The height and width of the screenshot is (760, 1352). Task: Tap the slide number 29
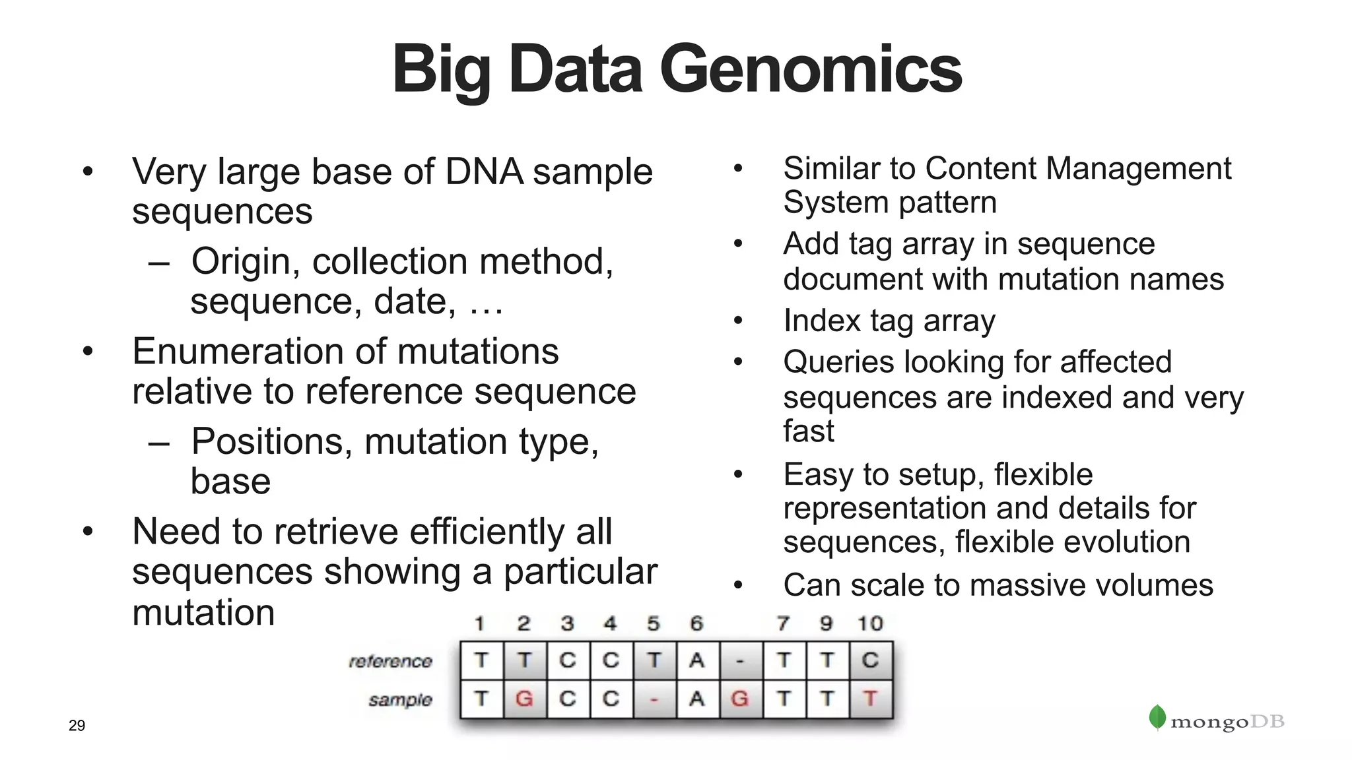77,726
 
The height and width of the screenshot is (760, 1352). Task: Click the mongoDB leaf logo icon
1157,718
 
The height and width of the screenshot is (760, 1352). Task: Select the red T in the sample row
870,698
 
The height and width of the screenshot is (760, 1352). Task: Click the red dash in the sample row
654,699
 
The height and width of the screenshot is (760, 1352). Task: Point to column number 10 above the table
870,623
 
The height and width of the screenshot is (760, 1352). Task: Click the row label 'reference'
390,661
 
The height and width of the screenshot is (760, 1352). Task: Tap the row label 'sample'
400,699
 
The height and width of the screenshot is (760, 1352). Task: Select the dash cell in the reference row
740,660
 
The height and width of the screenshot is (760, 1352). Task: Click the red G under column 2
524,698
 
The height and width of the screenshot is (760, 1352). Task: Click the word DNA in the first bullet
484,172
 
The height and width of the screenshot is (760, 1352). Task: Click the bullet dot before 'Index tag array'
738,321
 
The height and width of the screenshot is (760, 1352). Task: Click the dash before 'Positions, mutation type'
159,442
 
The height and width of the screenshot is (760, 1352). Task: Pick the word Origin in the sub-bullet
241,261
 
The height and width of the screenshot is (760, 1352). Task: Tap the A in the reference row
696,660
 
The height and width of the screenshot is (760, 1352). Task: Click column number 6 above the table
696,623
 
